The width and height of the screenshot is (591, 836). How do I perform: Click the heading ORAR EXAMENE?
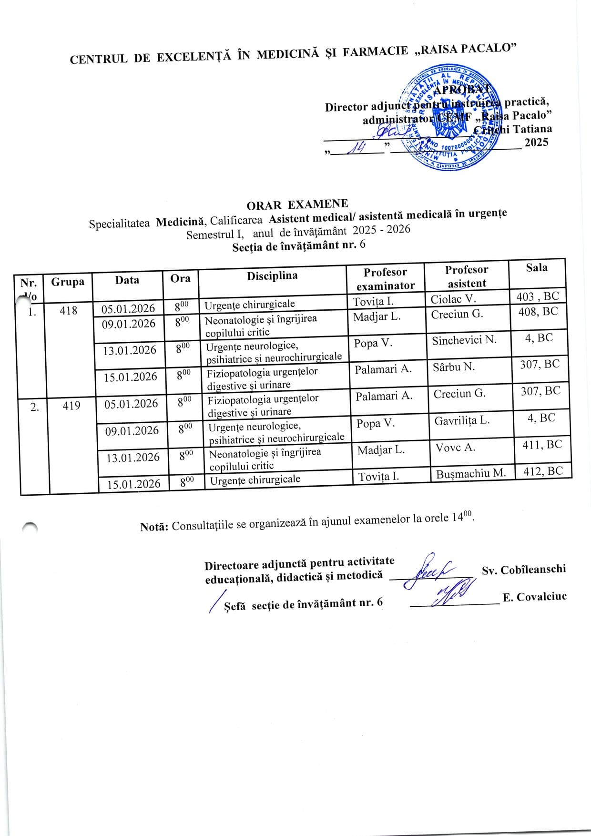(297, 204)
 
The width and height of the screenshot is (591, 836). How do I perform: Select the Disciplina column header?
(272, 276)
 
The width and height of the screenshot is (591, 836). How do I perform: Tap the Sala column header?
(536, 268)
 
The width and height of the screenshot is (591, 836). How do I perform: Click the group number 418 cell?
(69, 311)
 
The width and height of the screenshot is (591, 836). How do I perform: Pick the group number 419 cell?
(71, 406)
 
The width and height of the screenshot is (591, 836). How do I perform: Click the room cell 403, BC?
(538, 296)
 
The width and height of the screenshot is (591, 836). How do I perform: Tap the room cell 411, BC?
(541, 445)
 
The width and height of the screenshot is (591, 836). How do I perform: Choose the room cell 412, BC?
(543, 471)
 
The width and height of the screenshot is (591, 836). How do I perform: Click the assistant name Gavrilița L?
(461, 421)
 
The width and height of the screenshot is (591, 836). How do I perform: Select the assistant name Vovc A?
(455, 448)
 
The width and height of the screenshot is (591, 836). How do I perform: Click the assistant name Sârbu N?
(453, 367)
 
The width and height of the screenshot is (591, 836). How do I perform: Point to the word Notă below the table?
(154, 527)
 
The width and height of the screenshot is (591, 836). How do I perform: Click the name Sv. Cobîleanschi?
(524, 569)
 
